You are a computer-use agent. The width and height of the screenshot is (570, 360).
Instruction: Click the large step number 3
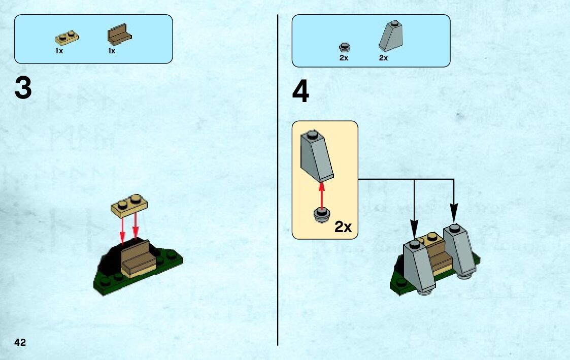pos(23,89)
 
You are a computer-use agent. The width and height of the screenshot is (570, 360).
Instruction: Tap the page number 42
pos(20,342)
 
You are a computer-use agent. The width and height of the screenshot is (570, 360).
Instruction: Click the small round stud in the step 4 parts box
pos(344,48)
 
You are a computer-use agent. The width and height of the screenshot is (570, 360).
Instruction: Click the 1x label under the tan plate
pos(59,51)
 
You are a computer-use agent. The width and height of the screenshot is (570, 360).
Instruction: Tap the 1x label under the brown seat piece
pos(112,51)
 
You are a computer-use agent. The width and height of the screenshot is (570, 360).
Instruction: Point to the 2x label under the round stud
pos(344,58)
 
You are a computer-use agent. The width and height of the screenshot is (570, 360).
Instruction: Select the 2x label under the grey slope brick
pos(383,58)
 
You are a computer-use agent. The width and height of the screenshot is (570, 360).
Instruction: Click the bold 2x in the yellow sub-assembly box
pos(343,227)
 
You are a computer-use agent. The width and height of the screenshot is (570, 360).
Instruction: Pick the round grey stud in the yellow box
pos(321,215)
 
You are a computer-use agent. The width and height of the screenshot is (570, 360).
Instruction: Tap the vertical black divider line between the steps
pos(278,203)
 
